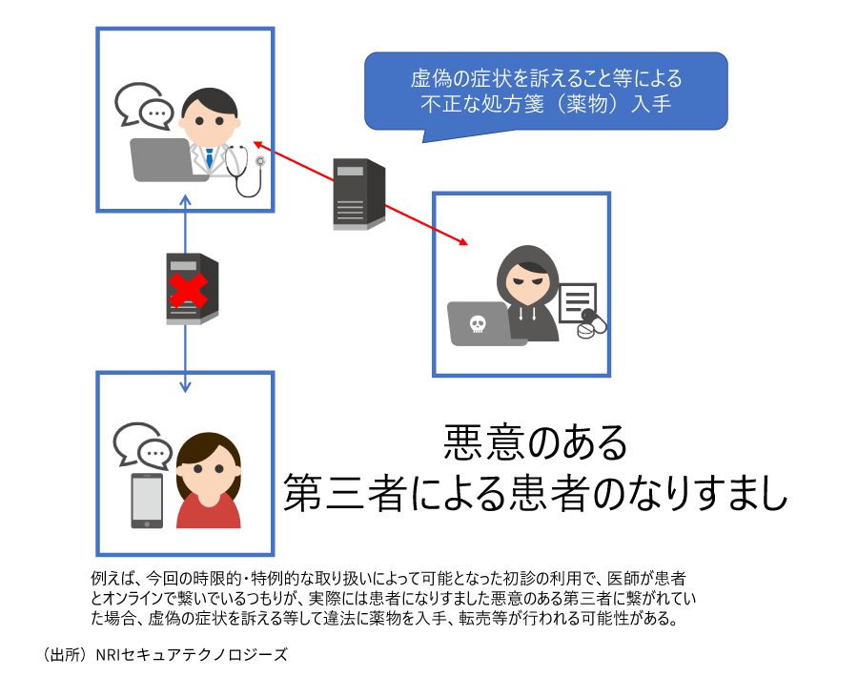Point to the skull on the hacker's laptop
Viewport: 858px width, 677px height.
(478, 324)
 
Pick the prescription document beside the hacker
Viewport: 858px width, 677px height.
(577, 303)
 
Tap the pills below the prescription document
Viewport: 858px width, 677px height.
(591, 326)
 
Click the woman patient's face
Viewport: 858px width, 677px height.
(209, 468)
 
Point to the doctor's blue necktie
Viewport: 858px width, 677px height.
(209, 157)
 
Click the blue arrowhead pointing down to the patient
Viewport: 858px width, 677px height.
(186, 386)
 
